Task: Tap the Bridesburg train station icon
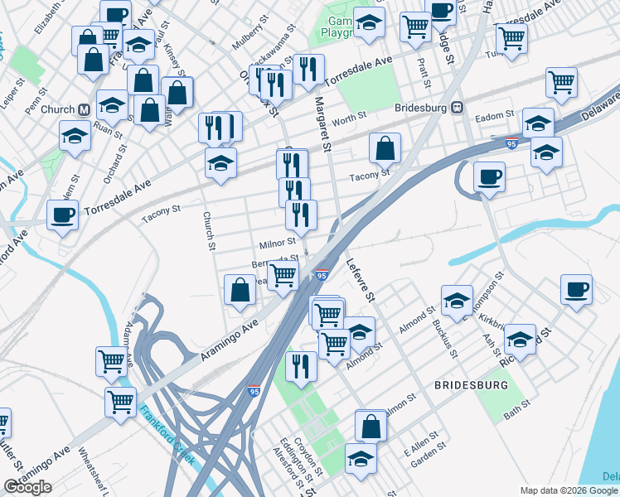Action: click(456, 108)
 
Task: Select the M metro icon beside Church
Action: click(83, 109)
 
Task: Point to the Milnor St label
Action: click(277, 242)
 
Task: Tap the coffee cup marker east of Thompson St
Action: click(576, 290)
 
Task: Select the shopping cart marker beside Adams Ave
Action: click(111, 360)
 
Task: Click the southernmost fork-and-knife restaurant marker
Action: click(299, 365)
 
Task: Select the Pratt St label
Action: click(424, 74)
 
